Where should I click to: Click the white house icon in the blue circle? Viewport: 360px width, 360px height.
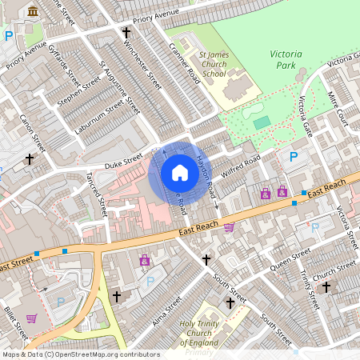click(180, 173)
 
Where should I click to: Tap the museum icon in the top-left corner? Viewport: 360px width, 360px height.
click(33, 10)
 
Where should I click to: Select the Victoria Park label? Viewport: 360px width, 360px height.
click(285, 60)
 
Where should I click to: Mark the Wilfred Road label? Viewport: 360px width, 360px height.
click(242, 166)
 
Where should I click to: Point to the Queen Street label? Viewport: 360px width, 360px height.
click(289, 258)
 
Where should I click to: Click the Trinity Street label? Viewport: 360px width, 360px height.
click(309, 291)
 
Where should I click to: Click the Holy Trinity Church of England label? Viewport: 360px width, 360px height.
click(186, 332)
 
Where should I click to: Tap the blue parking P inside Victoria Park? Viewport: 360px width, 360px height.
click(294, 157)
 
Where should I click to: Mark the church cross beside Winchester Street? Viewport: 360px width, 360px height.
click(126, 33)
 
